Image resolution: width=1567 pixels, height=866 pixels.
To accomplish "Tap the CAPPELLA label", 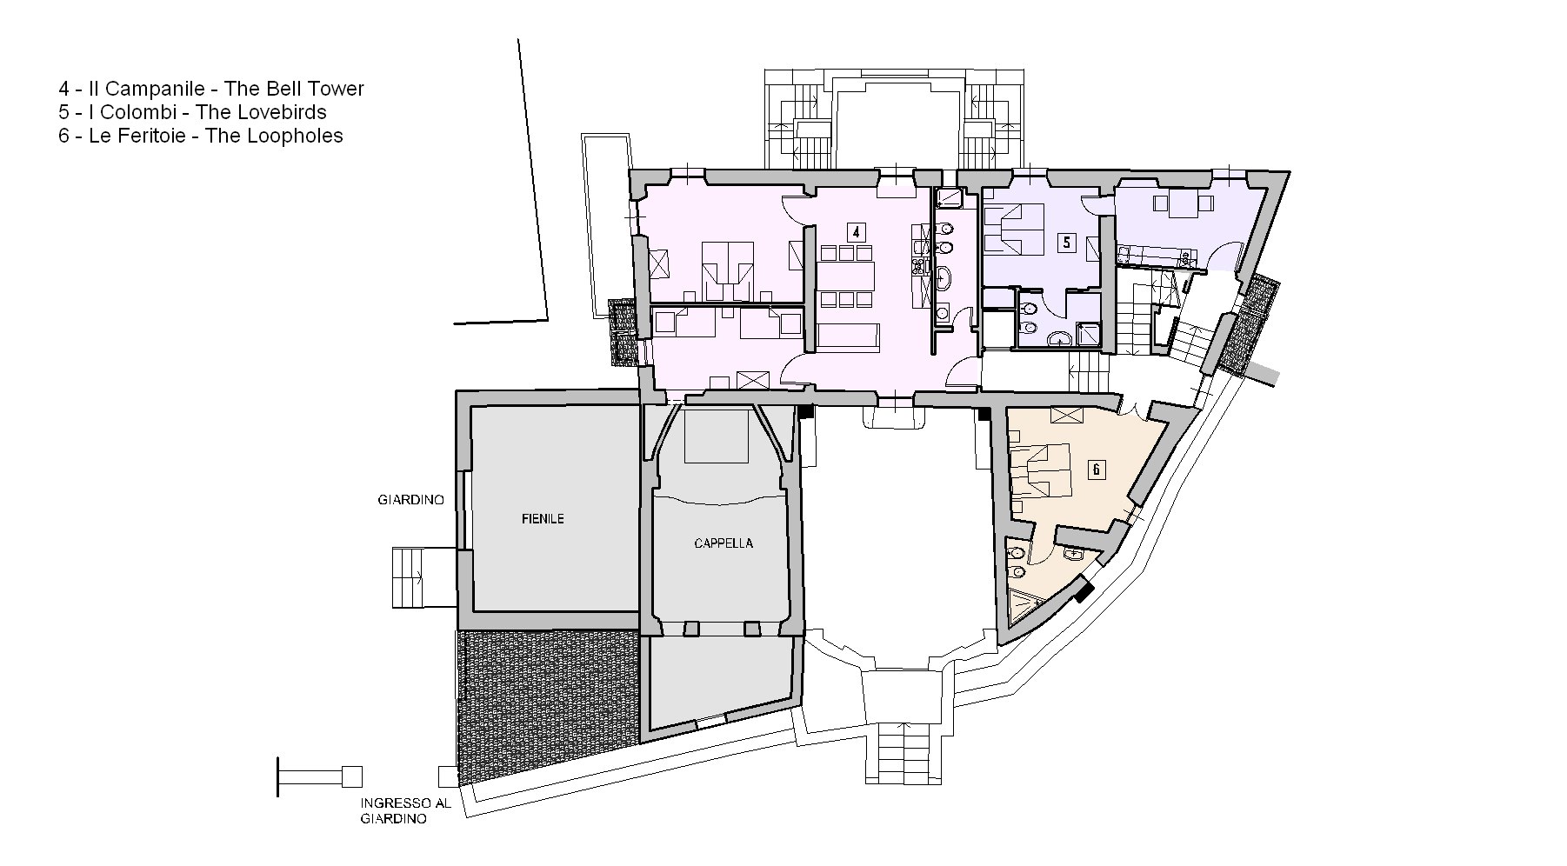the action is (x=723, y=543).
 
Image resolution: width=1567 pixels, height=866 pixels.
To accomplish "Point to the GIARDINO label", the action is (x=411, y=500).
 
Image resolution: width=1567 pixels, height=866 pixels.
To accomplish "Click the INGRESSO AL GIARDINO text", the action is (x=406, y=811).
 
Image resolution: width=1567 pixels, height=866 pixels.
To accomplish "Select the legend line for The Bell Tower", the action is (x=211, y=89).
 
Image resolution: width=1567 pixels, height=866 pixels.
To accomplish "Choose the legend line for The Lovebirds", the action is (x=193, y=112).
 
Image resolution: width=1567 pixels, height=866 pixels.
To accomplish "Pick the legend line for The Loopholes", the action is (x=201, y=136).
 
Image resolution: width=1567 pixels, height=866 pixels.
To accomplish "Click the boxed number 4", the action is (x=857, y=232).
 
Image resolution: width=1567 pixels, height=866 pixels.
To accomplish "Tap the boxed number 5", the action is (x=1065, y=243).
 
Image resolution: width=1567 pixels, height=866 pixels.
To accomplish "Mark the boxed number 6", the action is (x=1097, y=470).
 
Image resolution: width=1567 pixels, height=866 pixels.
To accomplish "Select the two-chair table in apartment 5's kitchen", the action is (x=1184, y=205).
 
